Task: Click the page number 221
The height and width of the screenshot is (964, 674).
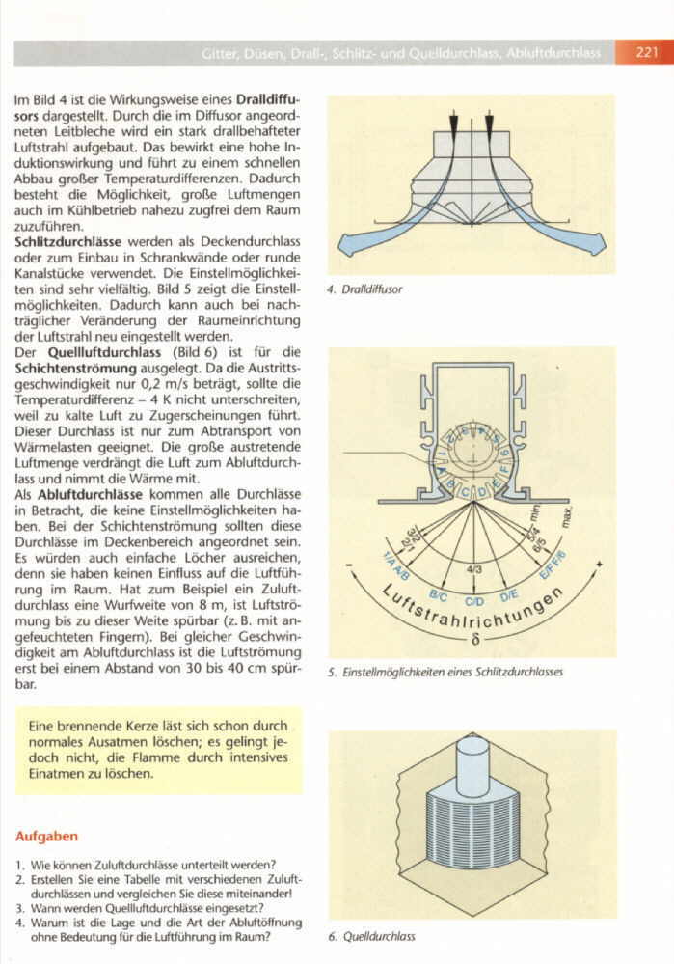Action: click(x=647, y=53)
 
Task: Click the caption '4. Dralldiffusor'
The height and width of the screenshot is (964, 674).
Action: click(x=364, y=289)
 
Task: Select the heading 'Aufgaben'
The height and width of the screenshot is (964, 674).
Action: click(x=47, y=836)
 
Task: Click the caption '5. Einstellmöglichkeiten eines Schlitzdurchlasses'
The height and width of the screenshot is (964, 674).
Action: click(x=445, y=672)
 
